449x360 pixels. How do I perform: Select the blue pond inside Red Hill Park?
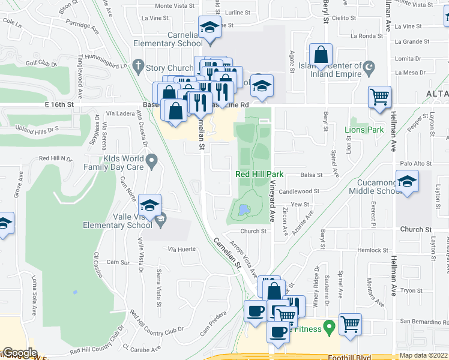tap(243, 211)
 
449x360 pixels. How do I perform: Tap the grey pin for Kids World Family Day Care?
tap(152, 160)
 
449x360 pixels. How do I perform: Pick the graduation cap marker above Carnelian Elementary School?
tap(209, 29)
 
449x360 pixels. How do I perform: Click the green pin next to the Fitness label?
tap(328, 328)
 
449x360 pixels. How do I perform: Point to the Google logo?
tap(19, 353)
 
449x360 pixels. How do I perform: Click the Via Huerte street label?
tap(182, 248)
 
